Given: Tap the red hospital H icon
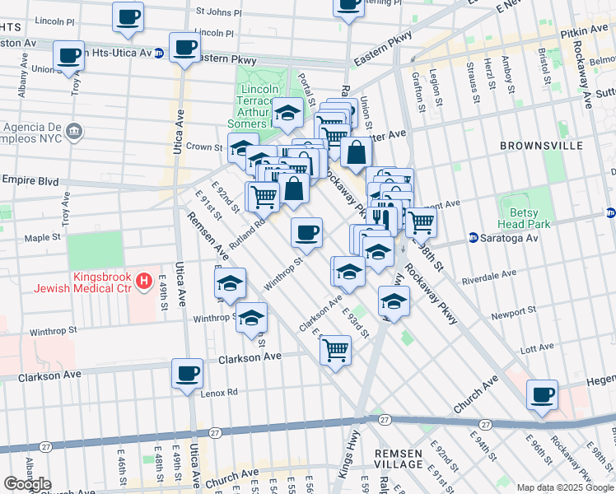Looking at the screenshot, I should click(x=145, y=282).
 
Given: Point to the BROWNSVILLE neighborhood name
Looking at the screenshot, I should click(x=541, y=146).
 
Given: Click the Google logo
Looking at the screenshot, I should click(x=27, y=484).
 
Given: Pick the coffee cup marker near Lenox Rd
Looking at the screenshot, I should click(x=187, y=373).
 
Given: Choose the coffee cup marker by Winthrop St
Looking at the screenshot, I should click(x=306, y=232).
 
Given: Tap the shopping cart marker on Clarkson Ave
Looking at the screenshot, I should click(x=335, y=350).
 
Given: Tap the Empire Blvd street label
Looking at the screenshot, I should click(x=30, y=179).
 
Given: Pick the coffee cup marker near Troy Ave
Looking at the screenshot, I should click(x=69, y=56).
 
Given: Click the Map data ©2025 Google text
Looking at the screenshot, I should click(x=565, y=487).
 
